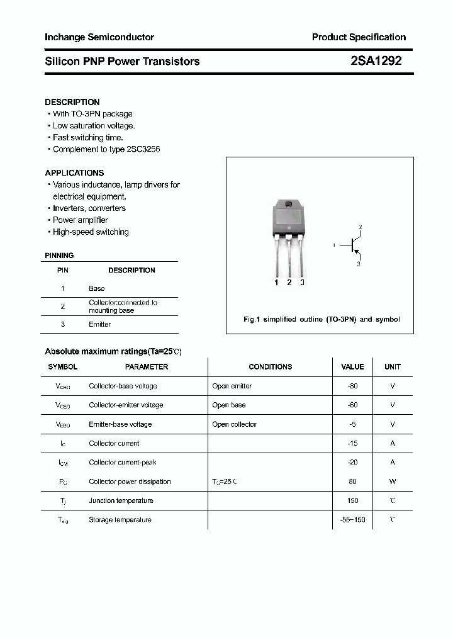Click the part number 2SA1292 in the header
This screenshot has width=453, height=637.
tap(376, 61)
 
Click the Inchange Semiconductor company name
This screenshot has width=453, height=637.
tap(99, 37)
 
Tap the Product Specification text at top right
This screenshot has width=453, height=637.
tap(359, 37)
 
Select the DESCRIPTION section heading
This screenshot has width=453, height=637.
tap(72, 102)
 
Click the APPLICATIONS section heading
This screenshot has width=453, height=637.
tap(74, 172)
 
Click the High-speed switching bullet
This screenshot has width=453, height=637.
tap(90, 232)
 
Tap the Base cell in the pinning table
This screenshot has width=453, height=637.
tap(97, 288)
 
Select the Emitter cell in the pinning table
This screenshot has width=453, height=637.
tap(100, 324)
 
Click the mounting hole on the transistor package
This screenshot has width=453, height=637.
tap(289, 203)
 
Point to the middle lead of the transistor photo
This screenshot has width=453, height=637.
tap(289, 258)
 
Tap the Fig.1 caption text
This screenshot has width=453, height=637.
tap(321, 319)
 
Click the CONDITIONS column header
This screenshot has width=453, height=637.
tap(270, 366)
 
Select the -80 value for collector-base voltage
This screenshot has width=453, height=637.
tap(352, 386)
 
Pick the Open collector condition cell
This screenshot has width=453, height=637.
tap(234, 424)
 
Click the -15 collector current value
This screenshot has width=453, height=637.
tap(352, 443)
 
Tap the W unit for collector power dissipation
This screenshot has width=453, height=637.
tap(393, 482)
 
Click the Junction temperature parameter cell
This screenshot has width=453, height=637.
tap(121, 500)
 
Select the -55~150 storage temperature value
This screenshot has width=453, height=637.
tap(352, 520)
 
